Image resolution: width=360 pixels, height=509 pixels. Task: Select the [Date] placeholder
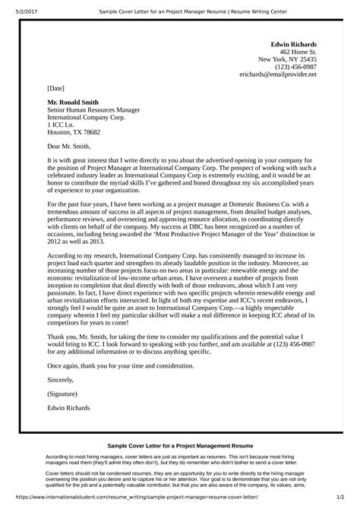(x=56, y=87)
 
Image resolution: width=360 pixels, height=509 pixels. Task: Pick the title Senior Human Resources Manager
(x=90, y=109)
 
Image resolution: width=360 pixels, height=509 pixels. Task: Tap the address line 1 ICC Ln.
(x=60, y=124)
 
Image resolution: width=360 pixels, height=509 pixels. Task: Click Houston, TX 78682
(x=74, y=131)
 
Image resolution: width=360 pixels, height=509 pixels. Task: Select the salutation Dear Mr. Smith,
(x=70, y=146)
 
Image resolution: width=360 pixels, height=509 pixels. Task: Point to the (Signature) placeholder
(x=62, y=395)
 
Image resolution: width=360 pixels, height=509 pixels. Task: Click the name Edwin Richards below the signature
(x=69, y=410)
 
